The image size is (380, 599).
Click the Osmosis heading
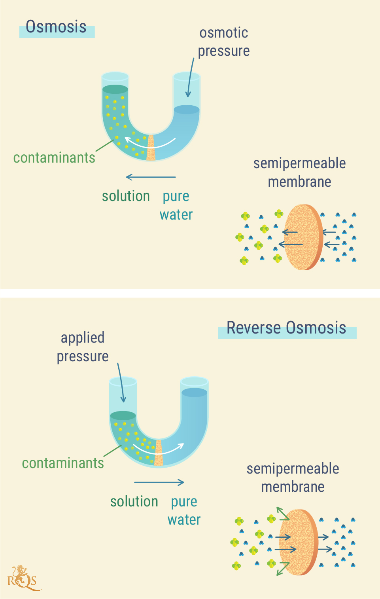pyautogui.click(x=56, y=27)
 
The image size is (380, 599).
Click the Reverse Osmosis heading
pyautogui.click(x=286, y=328)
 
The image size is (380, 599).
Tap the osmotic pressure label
pyautogui.click(x=224, y=42)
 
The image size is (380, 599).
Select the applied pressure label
pyautogui.click(x=83, y=347)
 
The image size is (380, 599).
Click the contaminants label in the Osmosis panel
pyautogui.click(x=54, y=158)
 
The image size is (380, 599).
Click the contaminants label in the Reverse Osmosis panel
pyautogui.click(x=63, y=463)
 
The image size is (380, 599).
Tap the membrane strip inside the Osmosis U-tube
pyautogui.click(x=151, y=148)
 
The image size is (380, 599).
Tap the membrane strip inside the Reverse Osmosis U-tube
pyautogui.click(x=159, y=453)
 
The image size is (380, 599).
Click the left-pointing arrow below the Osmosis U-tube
pyautogui.click(x=151, y=177)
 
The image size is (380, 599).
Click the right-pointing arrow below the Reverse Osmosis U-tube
pyautogui.click(x=159, y=482)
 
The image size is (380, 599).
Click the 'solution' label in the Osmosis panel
pyautogui.click(x=126, y=196)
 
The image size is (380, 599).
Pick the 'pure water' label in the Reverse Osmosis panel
pyautogui.click(x=184, y=511)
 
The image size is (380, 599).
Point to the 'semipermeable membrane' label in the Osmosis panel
pyautogui.click(x=299, y=172)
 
